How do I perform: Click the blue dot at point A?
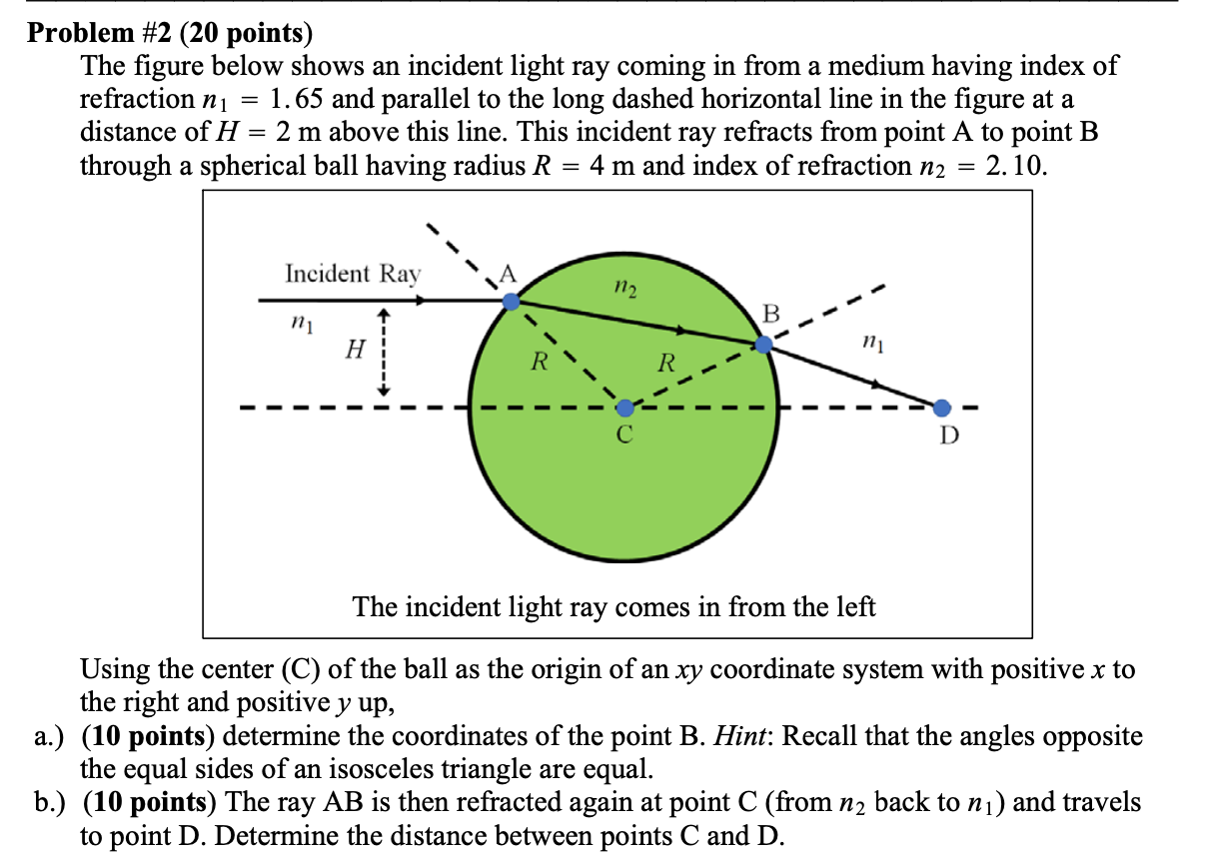(x=511, y=301)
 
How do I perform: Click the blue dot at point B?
(x=763, y=345)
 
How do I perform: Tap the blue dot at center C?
(x=624, y=408)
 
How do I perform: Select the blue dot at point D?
(x=942, y=408)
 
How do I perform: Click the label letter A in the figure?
(x=509, y=274)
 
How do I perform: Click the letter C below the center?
(x=624, y=435)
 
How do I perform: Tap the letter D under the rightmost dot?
(x=949, y=435)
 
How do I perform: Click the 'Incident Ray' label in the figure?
(x=353, y=274)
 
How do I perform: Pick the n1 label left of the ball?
(x=297, y=324)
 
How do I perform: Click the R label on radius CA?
(x=538, y=362)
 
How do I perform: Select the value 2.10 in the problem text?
(x=1016, y=165)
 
